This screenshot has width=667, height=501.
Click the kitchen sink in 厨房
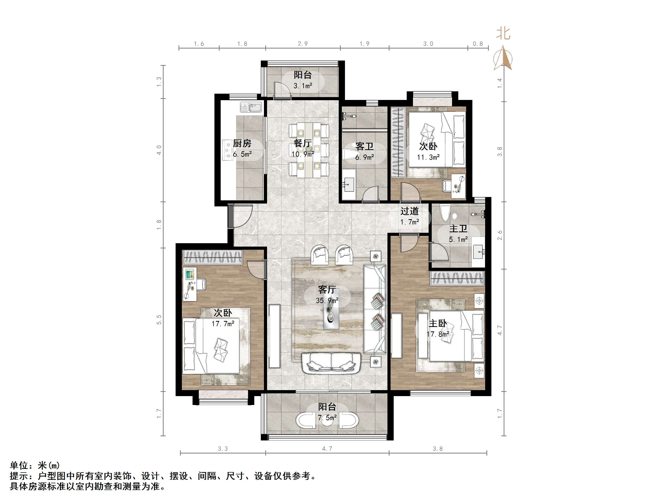[251, 108]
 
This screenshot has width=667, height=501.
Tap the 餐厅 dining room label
[302, 143]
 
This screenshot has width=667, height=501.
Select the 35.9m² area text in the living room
[327, 301]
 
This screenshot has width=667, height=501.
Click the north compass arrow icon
[503, 58]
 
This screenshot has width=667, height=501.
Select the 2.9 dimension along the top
[302, 44]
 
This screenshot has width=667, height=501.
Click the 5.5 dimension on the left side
[159, 319]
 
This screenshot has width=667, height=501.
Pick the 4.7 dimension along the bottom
[327, 449]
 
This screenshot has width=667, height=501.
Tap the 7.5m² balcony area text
[327, 418]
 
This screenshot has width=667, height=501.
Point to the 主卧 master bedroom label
[437, 323]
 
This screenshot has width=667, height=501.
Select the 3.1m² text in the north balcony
[302, 86]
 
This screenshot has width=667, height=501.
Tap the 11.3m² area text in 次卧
[428, 157]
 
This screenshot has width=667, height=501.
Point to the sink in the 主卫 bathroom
[478, 252]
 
